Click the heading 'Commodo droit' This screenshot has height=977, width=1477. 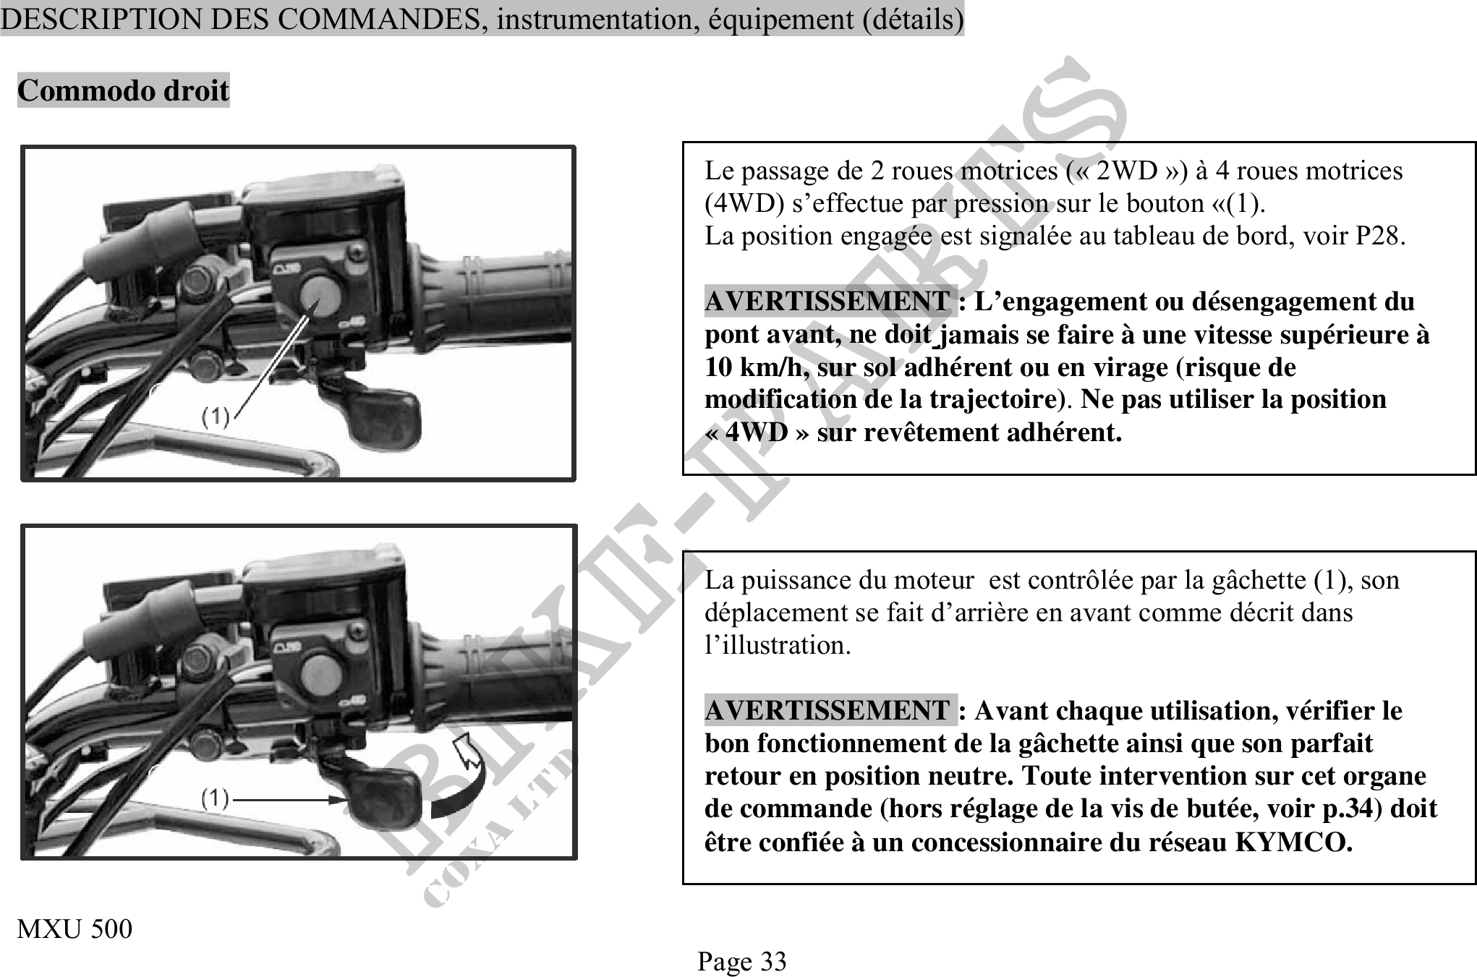click(123, 90)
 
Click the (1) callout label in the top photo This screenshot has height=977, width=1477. click(215, 417)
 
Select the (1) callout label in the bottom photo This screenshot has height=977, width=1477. click(215, 798)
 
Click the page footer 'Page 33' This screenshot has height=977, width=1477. click(741, 961)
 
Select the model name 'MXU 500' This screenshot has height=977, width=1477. click(75, 929)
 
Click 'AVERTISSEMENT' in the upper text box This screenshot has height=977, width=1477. click(827, 302)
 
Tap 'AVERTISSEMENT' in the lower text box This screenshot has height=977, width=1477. click(827, 711)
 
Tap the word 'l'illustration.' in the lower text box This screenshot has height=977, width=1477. click(778, 645)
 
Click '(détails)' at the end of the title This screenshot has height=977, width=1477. click(914, 19)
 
